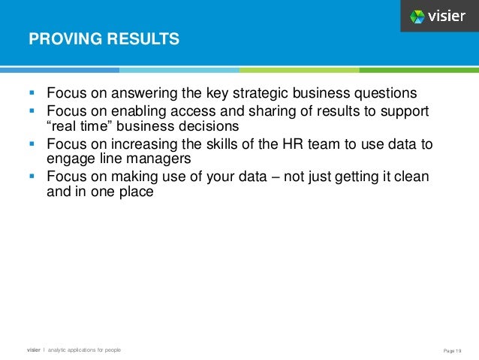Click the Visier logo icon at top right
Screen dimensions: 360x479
coord(417,16)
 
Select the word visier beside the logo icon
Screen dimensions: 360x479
coord(449,16)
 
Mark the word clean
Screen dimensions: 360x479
coord(411,177)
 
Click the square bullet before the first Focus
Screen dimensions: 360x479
coord(32,94)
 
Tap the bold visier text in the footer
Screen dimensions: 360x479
coord(34,350)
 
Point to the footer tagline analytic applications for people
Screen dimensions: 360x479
coord(83,350)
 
